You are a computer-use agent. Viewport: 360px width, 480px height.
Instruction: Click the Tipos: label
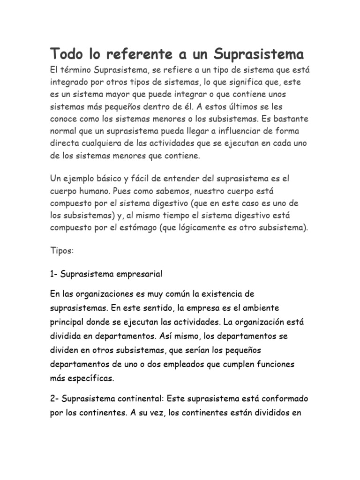62,251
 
